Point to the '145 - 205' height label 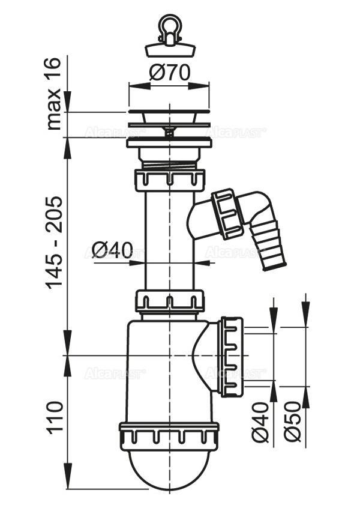click(55, 242)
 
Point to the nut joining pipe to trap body click(170, 301)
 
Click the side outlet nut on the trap click(230, 357)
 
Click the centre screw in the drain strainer click(170, 128)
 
